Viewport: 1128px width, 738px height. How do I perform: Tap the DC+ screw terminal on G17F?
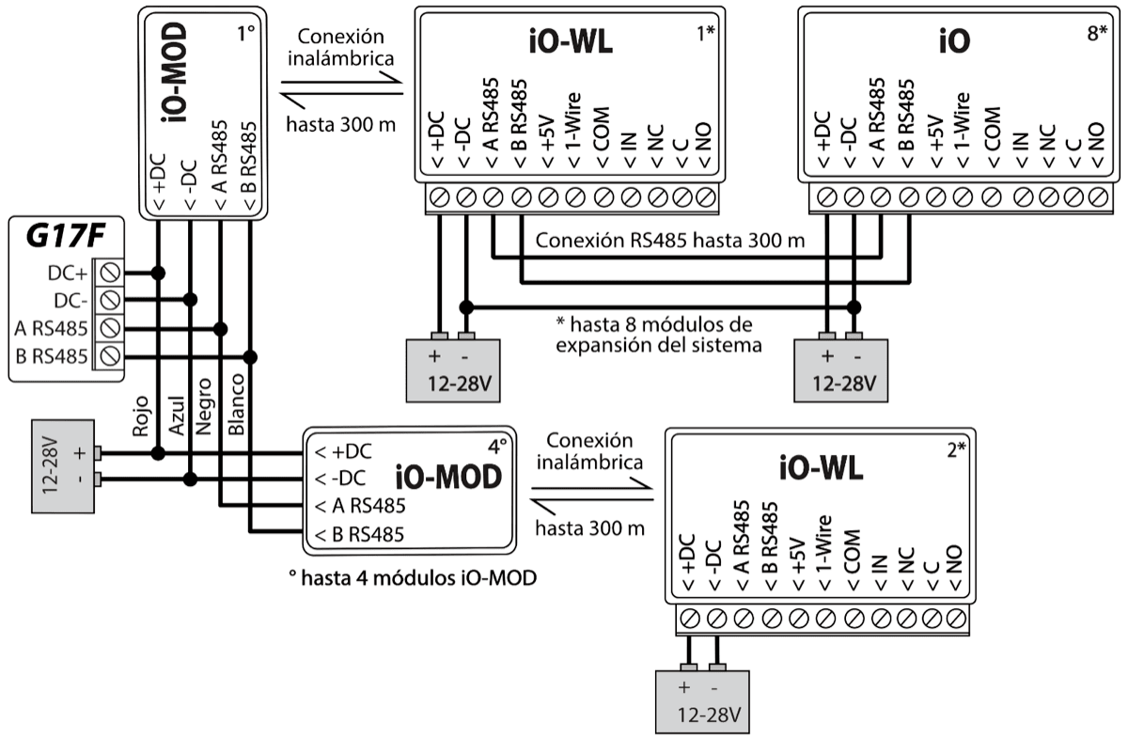[x=110, y=273]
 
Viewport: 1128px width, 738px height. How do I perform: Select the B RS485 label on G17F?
[x=53, y=356]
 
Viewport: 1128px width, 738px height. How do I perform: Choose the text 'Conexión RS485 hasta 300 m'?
[x=670, y=241]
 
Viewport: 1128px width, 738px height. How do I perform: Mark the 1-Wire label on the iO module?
[x=961, y=132]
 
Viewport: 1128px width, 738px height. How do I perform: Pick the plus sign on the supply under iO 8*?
[x=827, y=357]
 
